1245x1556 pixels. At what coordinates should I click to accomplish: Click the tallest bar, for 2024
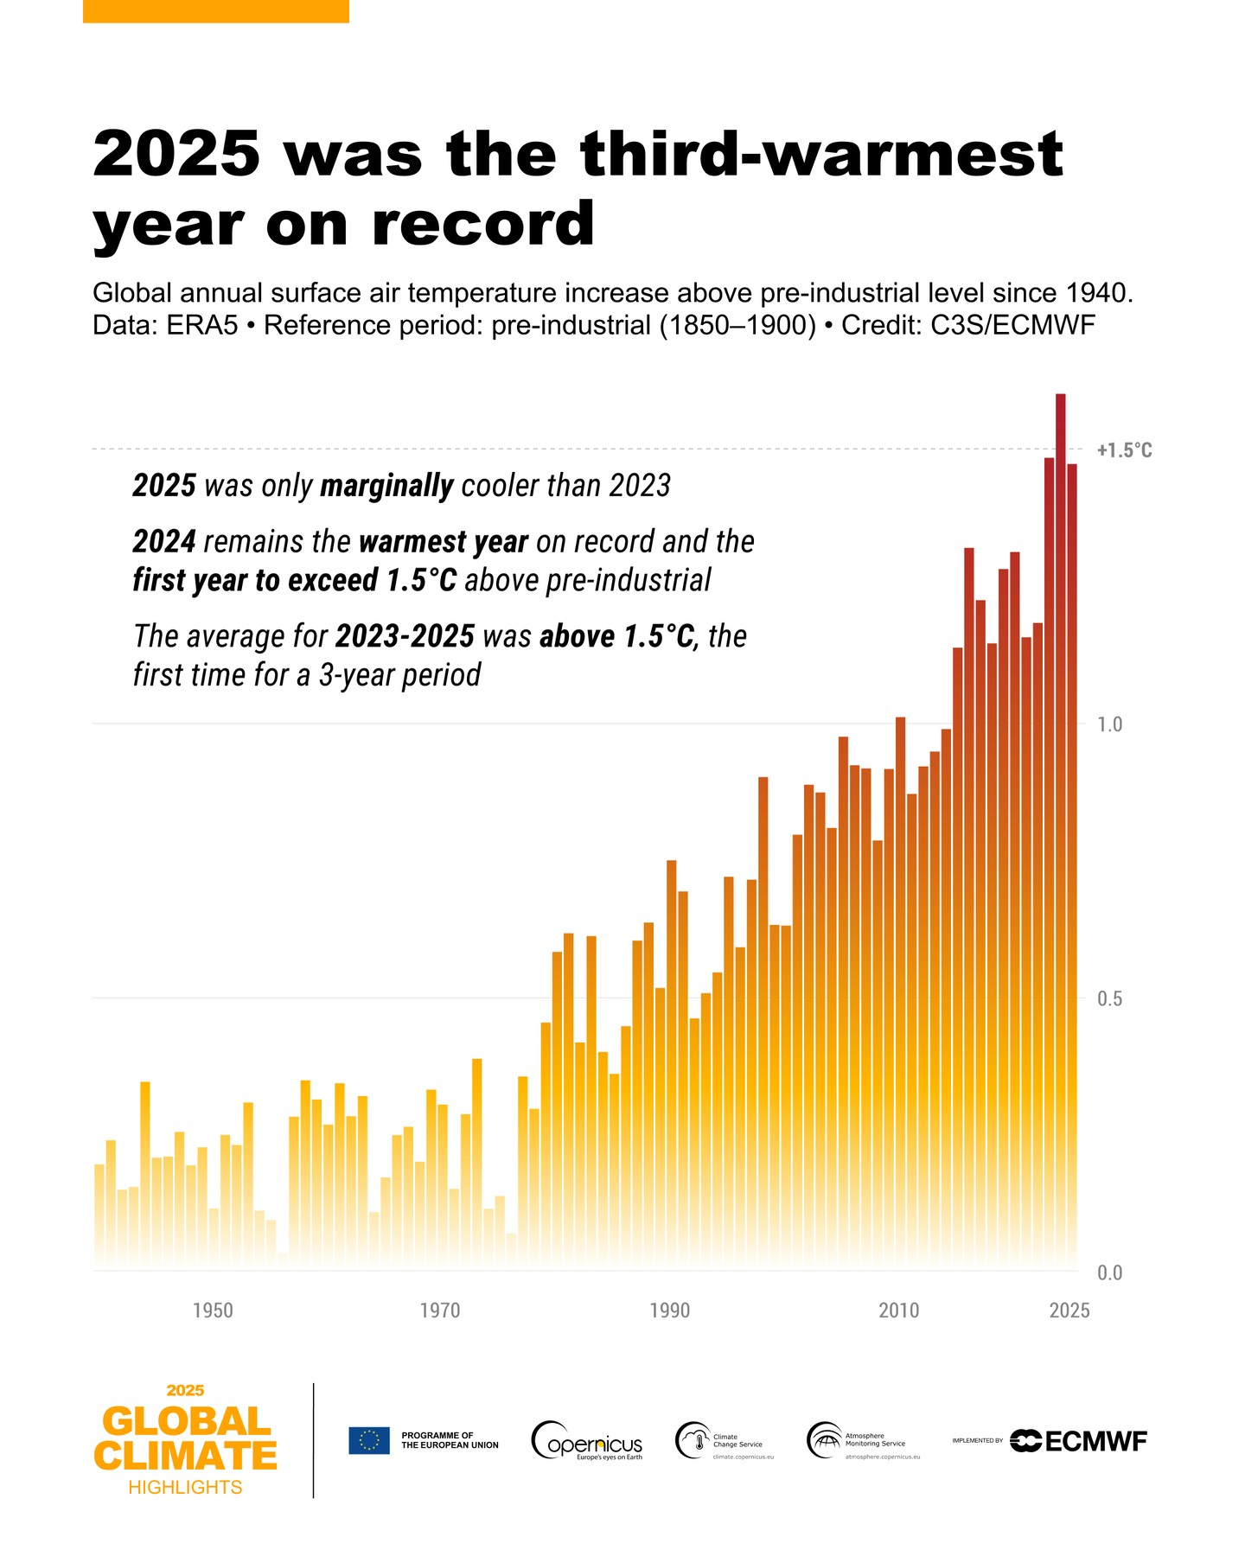click(x=1060, y=830)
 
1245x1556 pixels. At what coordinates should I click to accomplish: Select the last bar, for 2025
click(x=1072, y=864)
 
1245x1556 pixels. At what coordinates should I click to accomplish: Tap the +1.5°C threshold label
click(x=1124, y=450)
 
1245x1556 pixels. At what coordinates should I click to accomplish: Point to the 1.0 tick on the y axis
click(x=1109, y=724)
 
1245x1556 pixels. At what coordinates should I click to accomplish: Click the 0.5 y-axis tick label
click(x=1109, y=998)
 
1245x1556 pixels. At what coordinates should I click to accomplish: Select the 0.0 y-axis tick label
click(x=1109, y=1272)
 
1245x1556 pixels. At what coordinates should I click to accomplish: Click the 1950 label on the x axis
click(x=213, y=1310)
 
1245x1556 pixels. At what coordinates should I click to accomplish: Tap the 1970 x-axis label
click(x=440, y=1310)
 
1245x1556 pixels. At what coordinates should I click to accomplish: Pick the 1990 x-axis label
click(x=670, y=1310)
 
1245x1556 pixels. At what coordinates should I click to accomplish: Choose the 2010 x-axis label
click(x=899, y=1310)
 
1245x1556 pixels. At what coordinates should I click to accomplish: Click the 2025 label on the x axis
click(x=1069, y=1310)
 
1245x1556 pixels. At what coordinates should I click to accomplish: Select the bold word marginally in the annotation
click(x=386, y=486)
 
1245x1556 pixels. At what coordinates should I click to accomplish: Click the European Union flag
click(x=369, y=1440)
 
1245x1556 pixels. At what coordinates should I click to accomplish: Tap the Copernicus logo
click(x=586, y=1441)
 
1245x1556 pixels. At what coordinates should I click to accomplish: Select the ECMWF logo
click(x=1079, y=1441)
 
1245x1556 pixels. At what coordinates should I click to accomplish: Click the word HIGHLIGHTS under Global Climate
click(x=185, y=1487)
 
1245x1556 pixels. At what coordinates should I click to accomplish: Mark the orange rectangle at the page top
click(x=216, y=11)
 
